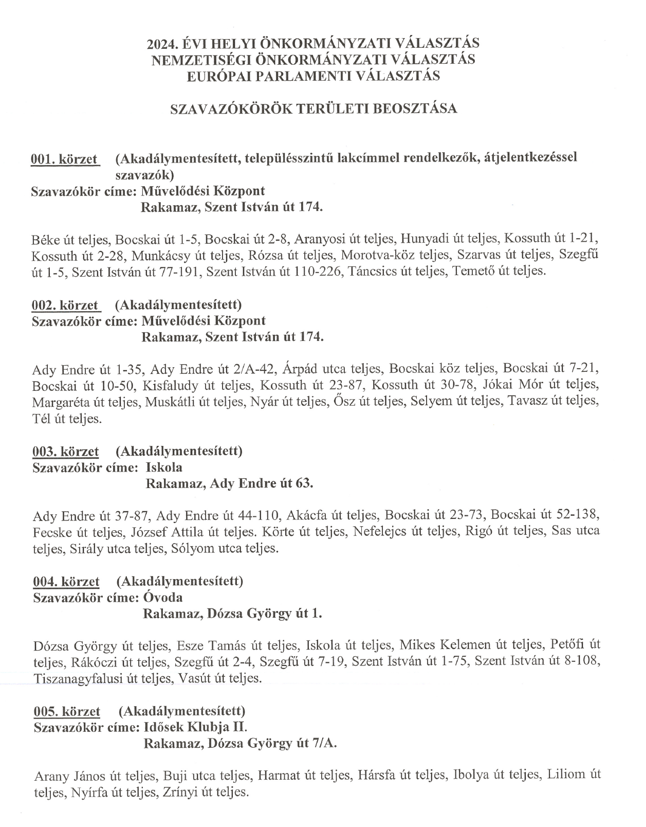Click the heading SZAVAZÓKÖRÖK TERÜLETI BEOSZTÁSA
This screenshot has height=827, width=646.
[313, 109]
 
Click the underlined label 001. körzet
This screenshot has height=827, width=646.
[64, 159]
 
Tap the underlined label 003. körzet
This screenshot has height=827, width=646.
[65, 452]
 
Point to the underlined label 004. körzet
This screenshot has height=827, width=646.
[66, 582]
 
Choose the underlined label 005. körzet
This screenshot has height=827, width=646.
[66, 712]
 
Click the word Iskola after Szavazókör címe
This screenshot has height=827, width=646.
[164, 468]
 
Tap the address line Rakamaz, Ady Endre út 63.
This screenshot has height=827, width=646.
[229, 484]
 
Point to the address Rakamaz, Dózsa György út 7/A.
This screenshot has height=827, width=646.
[240, 744]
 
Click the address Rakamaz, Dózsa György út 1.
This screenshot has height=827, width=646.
[232, 614]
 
